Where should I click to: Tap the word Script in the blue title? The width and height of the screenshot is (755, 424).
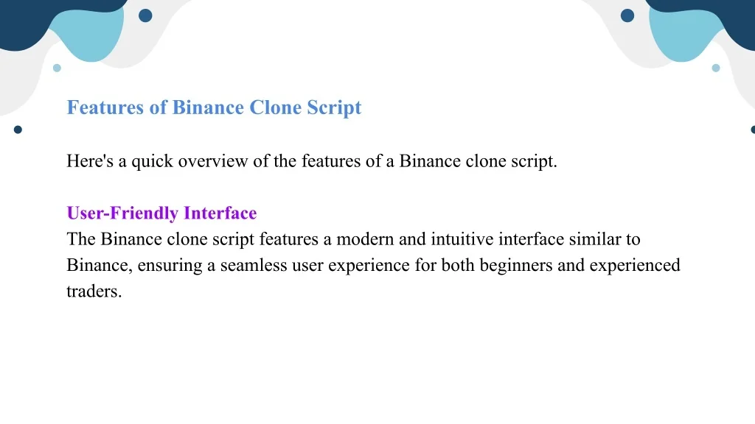334,108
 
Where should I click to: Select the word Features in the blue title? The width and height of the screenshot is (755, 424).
105,107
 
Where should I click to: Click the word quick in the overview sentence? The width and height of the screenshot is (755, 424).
152,161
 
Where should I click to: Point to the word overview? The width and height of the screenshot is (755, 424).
213,161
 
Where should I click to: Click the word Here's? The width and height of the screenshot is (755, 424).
89,161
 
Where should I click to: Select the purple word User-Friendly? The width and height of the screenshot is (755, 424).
122,213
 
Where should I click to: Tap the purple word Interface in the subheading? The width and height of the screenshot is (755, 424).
220,213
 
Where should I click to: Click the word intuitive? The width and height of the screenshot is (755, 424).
462,239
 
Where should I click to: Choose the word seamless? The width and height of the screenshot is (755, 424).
254,265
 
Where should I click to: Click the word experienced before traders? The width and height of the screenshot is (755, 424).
635,266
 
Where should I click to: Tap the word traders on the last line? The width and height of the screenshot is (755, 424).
94,291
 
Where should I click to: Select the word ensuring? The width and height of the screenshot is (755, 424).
170,266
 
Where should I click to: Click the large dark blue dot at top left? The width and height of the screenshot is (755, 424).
145,15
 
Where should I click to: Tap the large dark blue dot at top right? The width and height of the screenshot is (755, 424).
627,15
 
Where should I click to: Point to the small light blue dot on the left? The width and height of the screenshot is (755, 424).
57,68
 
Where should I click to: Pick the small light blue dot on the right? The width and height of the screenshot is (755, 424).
716,68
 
